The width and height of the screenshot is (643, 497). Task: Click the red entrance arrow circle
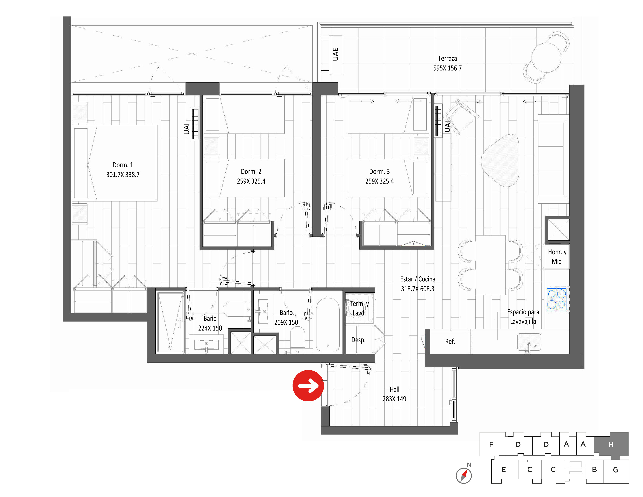tap(308, 386)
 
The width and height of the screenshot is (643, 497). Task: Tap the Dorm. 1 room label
tap(123, 165)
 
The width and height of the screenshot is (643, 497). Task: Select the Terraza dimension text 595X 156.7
tap(447, 68)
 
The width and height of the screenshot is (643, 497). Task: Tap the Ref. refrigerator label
tap(450, 342)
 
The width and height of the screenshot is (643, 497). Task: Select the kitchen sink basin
tap(529, 342)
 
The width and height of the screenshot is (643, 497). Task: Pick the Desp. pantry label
tap(358, 340)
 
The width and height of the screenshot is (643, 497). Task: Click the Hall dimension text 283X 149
tap(394, 399)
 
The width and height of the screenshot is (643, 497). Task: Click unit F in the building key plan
tap(491, 444)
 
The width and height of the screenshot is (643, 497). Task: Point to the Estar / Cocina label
tap(418, 279)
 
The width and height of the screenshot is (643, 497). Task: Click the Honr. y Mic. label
tap(557, 257)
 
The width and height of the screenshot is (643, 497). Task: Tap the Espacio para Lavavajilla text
tap(523, 317)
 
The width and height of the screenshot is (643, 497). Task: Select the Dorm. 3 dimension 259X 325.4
tap(379, 181)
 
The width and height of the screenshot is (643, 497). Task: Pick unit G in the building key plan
tap(616, 470)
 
